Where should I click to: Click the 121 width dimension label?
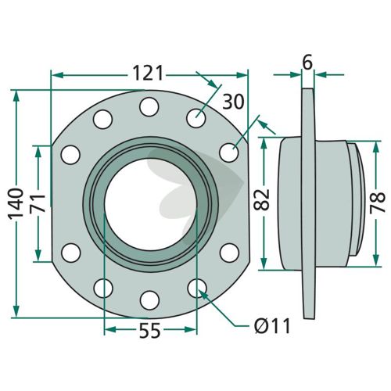click(148, 74)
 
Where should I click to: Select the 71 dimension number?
click(38, 203)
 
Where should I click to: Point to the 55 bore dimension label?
click(149, 331)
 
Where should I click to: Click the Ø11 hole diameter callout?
click(272, 326)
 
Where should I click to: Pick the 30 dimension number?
click(233, 102)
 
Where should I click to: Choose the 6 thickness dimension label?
click(307, 63)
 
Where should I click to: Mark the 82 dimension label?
click(261, 199)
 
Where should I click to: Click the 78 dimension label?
click(378, 203)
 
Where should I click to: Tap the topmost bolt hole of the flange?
click(149, 107)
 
